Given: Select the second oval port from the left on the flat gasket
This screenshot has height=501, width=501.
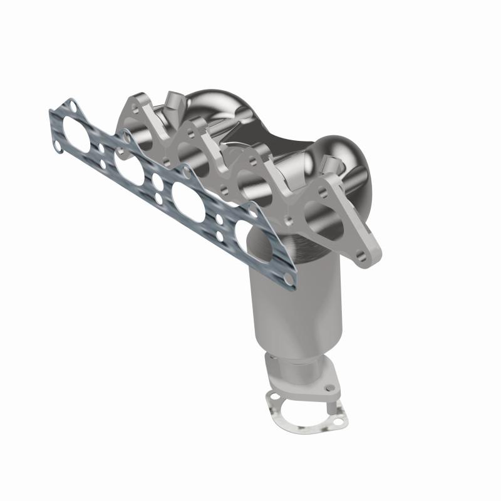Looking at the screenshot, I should (129, 168).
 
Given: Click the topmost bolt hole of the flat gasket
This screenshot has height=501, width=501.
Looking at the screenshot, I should (73, 107).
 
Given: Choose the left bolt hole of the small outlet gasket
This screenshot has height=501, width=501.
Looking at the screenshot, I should (271, 396).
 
